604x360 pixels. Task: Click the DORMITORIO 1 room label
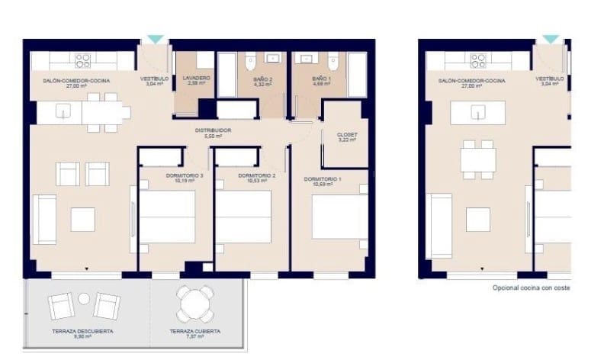pyautogui.click(x=323, y=179)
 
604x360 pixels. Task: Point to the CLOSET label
pyautogui.click(x=347, y=134)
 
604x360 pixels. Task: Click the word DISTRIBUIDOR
pyautogui.click(x=213, y=130)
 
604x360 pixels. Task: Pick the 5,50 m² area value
pyautogui.click(x=213, y=136)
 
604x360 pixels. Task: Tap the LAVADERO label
pyautogui.click(x=196, y=79)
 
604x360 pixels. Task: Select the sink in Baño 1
pyautogui.click(x=306, y=58)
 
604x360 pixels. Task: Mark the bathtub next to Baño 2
pyautogui.click(x=227, y=75)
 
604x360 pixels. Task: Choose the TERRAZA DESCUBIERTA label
pyautogui.click(x=83, y=332)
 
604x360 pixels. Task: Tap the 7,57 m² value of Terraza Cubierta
pyautogui.click(x=195, y=337)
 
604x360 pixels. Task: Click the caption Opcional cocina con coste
pyautogui.click(x=531, y=288)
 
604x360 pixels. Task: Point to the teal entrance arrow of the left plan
pyautogui.click(x=155, y=38)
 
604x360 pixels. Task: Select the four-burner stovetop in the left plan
pyautogui.click(x=83, y=60)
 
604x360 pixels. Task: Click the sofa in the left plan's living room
pyautogui.click(x=43, y=220)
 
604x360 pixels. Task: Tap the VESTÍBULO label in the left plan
pyautogui.click(x=154, y=79)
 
